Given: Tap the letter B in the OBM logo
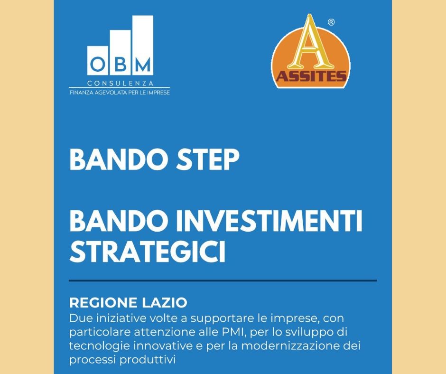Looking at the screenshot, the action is tap(121, 65).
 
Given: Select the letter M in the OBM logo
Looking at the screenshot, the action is tap(143, 65).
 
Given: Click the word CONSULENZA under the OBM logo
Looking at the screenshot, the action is tap(121, 84).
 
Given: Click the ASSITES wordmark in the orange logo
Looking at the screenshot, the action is tap(311, 76).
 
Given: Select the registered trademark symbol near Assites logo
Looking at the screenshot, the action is tap(331, 22).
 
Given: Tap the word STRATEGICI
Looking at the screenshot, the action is tap(148, 252).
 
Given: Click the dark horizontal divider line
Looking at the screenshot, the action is tap(223, 280).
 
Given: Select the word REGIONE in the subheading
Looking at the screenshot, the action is tap(103, 302).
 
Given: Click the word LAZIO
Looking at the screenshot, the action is tap(164, 302).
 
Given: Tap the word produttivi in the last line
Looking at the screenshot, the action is tap(148, 360).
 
